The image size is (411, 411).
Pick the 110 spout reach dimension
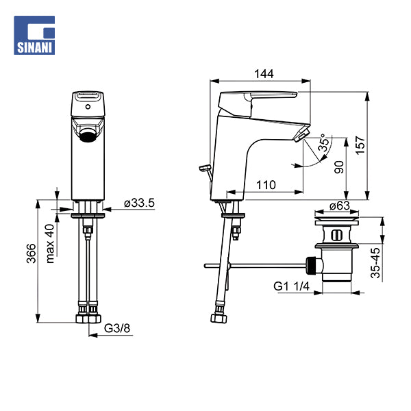[x=267, y=185]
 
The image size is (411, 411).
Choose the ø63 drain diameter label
[x=340, y=205]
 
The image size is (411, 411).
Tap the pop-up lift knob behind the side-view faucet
[x=203, y=166]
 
